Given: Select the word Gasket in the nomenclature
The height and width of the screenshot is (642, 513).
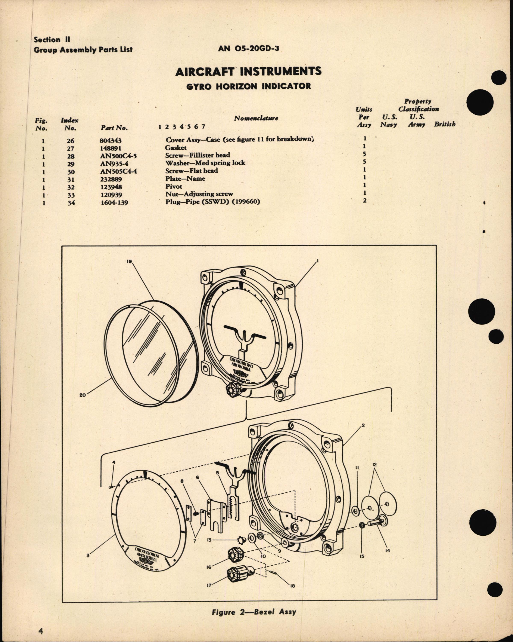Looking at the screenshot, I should (x=175, y=148).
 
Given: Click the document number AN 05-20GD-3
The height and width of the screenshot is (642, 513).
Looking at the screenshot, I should (x=249, y=49).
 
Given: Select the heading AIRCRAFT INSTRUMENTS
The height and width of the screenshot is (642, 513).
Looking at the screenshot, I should (x=248, y=72).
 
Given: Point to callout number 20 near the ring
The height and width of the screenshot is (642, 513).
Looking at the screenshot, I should (x=83, y=395).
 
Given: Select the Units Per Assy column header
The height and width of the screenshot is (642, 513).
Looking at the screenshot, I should (x=364, y=117).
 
